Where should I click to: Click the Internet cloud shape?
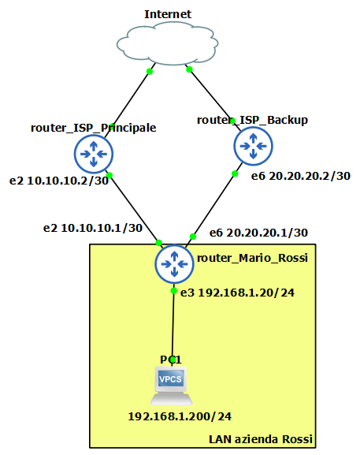pos(168,43)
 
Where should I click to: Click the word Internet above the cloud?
pos(168,14)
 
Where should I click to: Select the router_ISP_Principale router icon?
pos(94,154)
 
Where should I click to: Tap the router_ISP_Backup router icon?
pos(253,146)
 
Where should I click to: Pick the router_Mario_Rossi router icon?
pos(174,264)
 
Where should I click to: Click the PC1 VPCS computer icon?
pos(171,386)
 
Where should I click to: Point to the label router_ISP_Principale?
pos(93,128)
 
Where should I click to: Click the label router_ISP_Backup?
pos(252,120)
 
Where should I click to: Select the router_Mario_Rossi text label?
pos(252,258)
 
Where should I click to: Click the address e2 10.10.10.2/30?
pos(59,181)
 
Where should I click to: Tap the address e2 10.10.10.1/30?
pos(93,228)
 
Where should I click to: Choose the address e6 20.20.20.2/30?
pos(301,176)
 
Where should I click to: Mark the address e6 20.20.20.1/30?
pos(258,233)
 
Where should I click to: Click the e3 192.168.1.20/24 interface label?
pos(237,293)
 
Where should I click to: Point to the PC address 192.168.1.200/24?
pos(180,416)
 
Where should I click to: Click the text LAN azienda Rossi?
pos(261,439)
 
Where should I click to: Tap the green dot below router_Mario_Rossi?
pos(173,291)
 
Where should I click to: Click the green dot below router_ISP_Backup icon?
pos(235,173)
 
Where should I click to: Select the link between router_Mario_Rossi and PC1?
pos(173,325)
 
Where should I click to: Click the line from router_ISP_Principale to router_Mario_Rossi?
pos(134,209)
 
